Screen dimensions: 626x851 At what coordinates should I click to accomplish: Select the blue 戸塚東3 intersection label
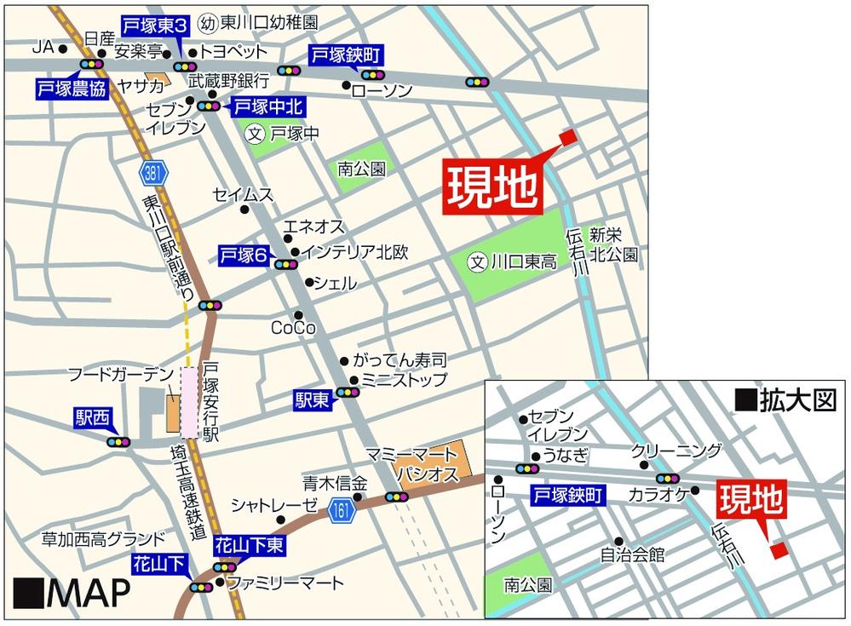pyautogui.click(x=156, y=27)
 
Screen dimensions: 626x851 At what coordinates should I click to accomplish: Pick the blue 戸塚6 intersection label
pyautogui.click(x=244, y=255)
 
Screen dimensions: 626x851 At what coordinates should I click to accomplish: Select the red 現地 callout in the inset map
pyautogui.click(x=750, y=501)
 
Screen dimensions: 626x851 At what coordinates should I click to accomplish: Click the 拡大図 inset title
pyautogui.click(x=786, y=400)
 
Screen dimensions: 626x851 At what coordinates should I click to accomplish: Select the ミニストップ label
pyautogui.click(x=404, y=380)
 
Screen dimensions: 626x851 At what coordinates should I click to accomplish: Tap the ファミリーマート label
pyautogui.click(x=285, y=583)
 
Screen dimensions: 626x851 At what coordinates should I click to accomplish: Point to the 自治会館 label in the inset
pyautogui.click(x=632, y=554)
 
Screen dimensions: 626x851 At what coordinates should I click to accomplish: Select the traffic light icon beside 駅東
pyautogui.click(x=348, y=392)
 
